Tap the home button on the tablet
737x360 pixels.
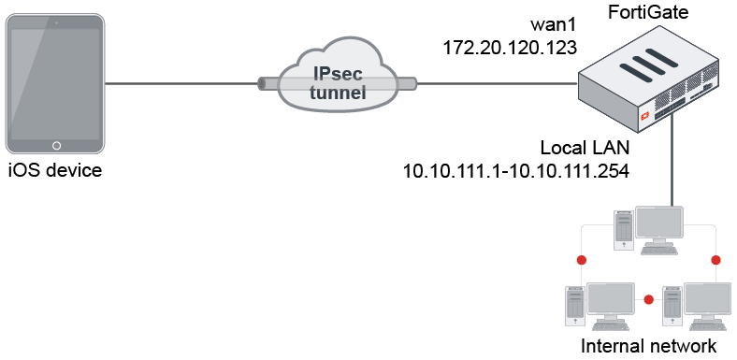(x=56, y=146)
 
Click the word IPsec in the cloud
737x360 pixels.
(x=338, y=73)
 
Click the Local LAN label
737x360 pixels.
(x=585, y=148)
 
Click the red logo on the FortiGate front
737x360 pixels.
(x=644, y=117)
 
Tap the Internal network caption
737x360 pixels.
(x=648, y=347)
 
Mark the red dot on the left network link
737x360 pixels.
(x=581, y=259)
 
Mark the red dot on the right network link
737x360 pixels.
(x=715, y=259)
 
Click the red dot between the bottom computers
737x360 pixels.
(x=648, y=301)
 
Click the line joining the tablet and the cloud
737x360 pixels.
(x=182, y=83)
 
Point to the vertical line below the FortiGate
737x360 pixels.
(x=673, y=168)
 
